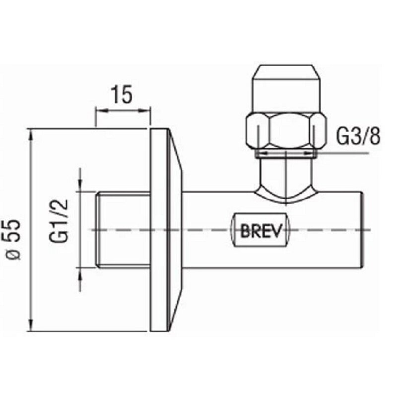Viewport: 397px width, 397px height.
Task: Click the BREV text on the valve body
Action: pyautogui.click(x=261, y=230)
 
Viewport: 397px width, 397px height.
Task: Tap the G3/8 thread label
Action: pyautogui.click(x=358, y=136)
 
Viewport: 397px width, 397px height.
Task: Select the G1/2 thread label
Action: pyautogui.click(x=59, y=220)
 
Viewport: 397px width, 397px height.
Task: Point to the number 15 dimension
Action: pyautogui.click(x=122, y=94)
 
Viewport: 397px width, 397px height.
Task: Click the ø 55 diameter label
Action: pyautogui.click(x=13, y=239)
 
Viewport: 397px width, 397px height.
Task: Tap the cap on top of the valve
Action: pyautogui.click(x=286, y=89)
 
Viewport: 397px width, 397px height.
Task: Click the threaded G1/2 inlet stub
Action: pyautogui.click(x=123, y=230)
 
